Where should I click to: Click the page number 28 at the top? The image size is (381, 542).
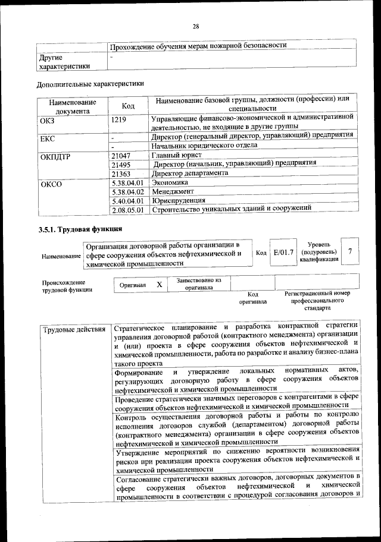tap(195, 26)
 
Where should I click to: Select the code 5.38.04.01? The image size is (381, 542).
tap(128, 183)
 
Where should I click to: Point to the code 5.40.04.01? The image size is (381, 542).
tap(128, 201)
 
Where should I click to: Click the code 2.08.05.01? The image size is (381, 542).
tap(128, 210)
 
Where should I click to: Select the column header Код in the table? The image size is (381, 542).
tap(128, 106)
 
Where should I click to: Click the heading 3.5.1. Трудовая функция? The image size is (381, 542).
tap(80, 229)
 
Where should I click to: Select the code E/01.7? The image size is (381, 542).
tap(283, 253)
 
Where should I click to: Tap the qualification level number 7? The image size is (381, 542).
tap(350, 252)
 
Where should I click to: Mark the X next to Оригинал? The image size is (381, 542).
tap(159, 285)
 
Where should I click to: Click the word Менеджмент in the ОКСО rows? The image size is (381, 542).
tap(173, 192)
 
